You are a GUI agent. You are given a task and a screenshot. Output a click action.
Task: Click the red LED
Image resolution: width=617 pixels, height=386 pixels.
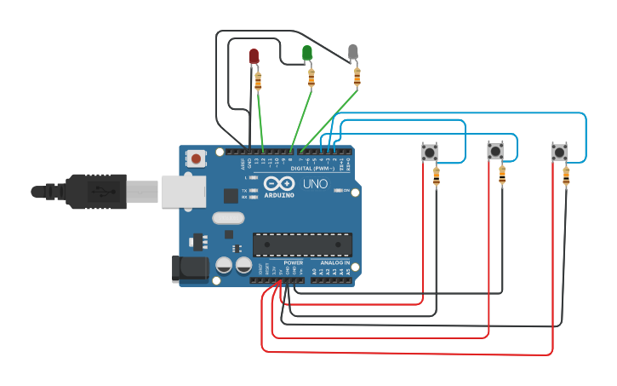pos(253,56)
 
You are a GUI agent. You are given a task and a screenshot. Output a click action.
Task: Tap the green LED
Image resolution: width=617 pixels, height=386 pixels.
pos(307,53)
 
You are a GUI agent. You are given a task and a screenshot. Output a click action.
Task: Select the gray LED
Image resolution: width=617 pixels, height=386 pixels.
pos(353,53)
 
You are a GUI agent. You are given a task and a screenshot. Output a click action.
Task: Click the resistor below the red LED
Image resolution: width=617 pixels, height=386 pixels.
pos(258,82)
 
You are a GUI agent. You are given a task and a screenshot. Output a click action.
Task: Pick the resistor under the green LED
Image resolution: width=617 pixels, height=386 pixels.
pos(311,78)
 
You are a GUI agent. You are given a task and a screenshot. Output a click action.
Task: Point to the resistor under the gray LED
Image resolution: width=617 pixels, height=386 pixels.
pos(357,78)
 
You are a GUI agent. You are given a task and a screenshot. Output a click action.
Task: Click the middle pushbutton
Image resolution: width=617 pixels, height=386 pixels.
pos(494,152)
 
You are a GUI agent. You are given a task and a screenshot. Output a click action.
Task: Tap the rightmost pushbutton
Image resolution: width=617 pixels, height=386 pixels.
pos(558,152)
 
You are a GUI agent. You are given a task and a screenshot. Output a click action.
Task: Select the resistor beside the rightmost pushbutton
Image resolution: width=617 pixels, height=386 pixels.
pos(567,176)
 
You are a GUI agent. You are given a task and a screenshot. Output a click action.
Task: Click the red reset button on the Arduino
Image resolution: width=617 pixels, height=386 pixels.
pos(197,158)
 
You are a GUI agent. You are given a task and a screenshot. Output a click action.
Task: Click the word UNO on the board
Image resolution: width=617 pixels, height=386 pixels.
pos(316,183)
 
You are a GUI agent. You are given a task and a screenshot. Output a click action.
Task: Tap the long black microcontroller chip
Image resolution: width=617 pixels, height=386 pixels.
pos(302,245)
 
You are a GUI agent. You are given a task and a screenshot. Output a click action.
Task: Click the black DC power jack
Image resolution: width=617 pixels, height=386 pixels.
pos(189,268)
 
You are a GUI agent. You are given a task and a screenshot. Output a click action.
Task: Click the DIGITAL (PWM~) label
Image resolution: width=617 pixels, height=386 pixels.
pos(312,169)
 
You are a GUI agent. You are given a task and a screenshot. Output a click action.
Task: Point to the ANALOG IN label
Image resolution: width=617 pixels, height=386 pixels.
pos(334,262)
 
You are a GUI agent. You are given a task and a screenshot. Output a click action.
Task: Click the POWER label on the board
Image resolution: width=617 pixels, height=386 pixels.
pos(294,262)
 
